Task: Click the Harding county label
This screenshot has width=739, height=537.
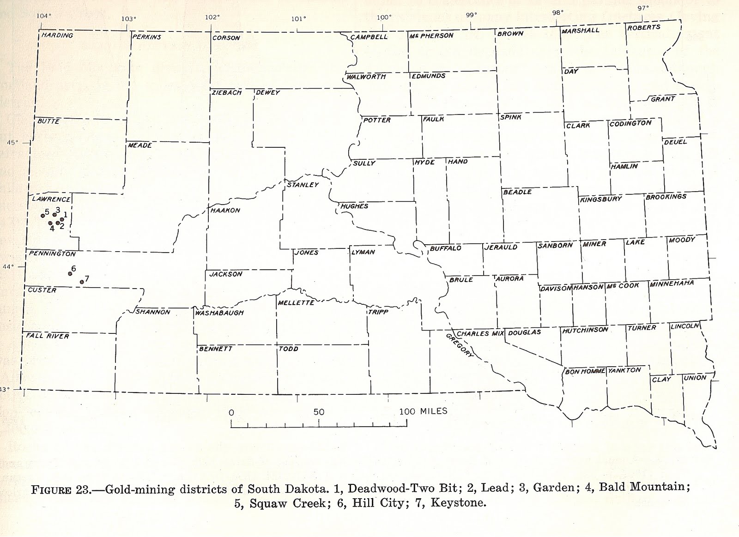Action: tap(57, 35)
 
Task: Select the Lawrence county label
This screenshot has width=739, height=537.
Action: tap(51, 199)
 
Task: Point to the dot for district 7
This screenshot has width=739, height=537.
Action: tap(82, 282)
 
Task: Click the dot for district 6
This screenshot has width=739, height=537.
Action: tap(70, 274)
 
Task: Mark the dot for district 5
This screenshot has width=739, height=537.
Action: tap(42, 215)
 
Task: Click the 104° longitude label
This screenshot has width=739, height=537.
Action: tap(44, 16)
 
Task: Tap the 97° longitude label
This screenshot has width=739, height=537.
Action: tap(643, 7)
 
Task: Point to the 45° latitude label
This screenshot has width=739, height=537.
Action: tap(13, 142)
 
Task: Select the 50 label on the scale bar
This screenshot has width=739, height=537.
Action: tap(319, 412)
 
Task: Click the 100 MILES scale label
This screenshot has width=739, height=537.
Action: tap(423, 411)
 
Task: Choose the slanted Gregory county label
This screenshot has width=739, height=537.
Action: tap(460, 345)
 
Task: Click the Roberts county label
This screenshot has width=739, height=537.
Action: tap(644, 28)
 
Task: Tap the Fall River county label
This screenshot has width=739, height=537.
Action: tap(48, 336)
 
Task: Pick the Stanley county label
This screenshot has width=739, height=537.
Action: tap(303, 185)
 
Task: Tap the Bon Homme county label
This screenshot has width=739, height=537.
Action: tap(585, 371)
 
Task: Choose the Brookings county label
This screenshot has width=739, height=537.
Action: tap(666, 197)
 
